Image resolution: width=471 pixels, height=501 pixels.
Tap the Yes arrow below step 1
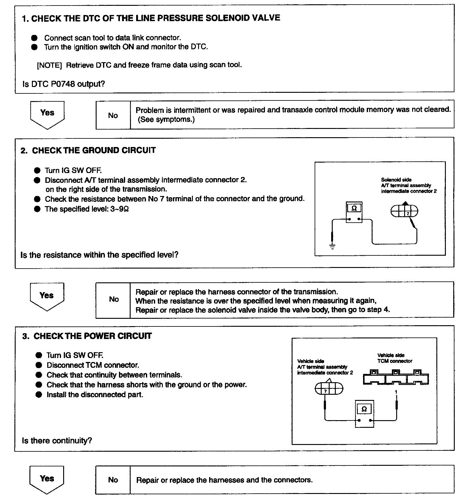(x=47, y=114)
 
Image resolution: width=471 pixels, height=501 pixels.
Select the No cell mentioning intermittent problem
(x=113, y=115)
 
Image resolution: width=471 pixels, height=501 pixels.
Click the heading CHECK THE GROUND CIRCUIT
(x=94, y=150)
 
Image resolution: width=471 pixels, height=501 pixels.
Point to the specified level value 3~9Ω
(x=119, y=209)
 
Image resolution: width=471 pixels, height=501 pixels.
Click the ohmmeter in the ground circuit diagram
(x=354, y=212)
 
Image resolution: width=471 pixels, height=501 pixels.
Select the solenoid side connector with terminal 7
(x=404, y=211)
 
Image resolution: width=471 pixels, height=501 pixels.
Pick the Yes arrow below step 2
(x=47, y=296)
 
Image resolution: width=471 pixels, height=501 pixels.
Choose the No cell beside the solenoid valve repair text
(x=113, y=299)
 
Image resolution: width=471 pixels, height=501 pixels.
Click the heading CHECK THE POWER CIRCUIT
(x=93, y=336)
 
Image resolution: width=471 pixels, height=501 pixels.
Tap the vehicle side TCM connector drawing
(x=396, y=377)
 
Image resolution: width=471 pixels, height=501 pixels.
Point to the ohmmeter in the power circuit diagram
(x=364, y=413)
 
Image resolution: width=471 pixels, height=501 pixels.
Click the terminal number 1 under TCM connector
(x=396, y=392)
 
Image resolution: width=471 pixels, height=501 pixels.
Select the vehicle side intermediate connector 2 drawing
(x=329, y=389)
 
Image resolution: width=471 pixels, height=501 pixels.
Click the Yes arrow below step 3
(x=47, y=479)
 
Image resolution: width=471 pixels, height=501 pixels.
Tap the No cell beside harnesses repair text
(x=113, y=480)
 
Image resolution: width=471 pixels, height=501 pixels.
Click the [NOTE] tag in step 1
(x=49, y=65)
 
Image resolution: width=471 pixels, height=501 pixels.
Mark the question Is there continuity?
(x=57, y=441)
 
